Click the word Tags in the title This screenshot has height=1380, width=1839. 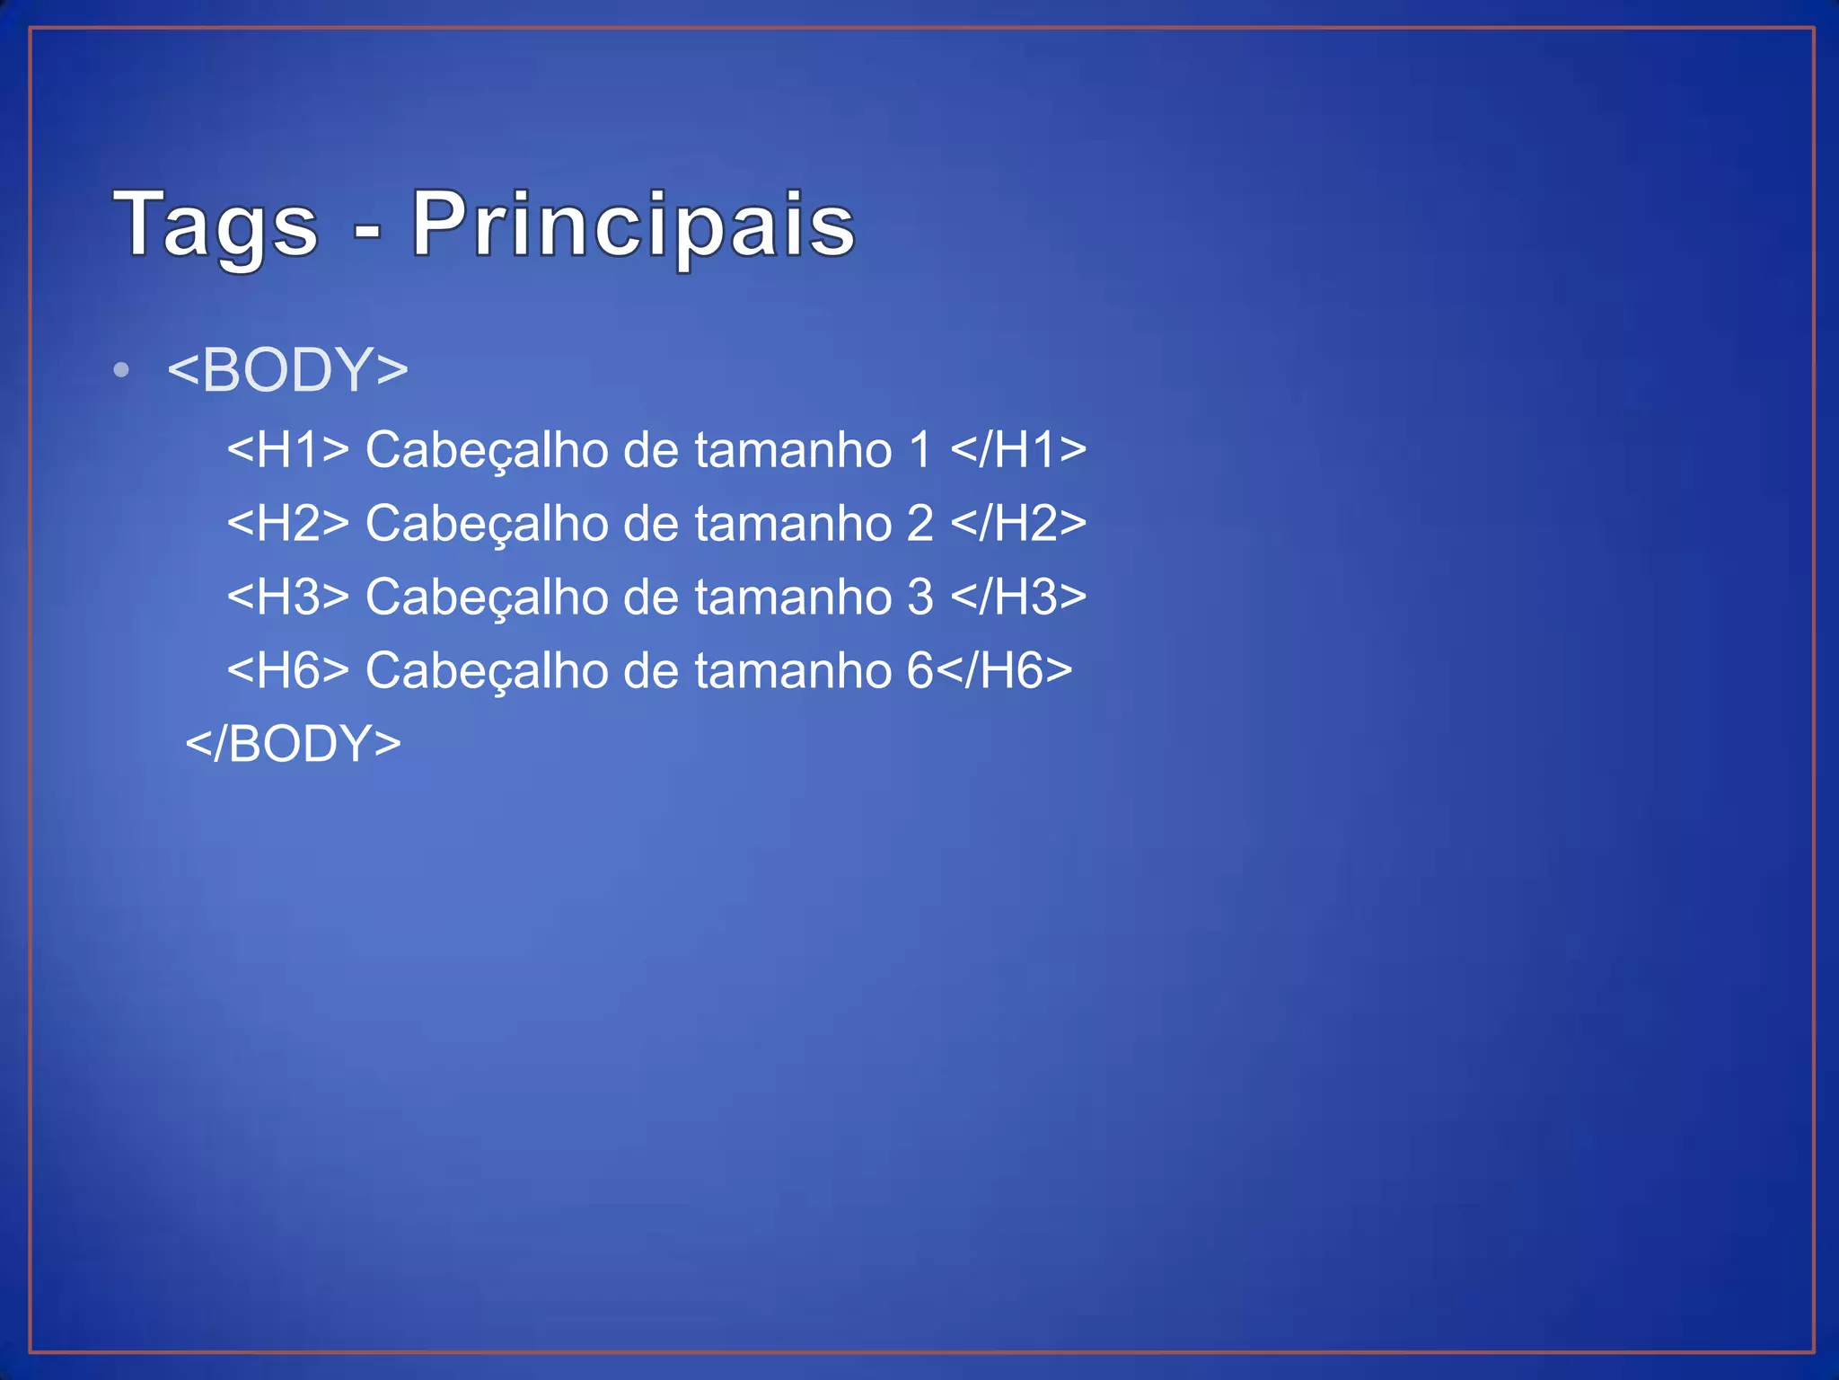tap(216, 225)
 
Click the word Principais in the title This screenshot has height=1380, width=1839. tap(633, 225)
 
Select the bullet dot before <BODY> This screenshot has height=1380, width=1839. tap(122, 370)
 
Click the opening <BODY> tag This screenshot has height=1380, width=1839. tap(287, 370)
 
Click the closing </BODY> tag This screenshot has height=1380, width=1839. tap(293, 744)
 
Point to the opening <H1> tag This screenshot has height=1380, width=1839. tap(287, 449)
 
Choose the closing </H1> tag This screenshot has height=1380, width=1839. tap(1018, 449)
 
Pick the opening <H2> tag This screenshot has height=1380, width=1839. tap(287, 523)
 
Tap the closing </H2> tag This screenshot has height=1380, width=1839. tap(1018, 523)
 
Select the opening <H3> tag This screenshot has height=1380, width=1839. tap(287, 597)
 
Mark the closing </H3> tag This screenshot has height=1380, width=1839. tap(1018, 597)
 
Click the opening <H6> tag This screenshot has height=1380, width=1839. tap(287, 670)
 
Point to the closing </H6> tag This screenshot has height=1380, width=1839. tap(1004, 670)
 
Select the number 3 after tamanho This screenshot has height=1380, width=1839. tap(920, 597)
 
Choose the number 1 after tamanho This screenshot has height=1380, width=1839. tap(920, 449)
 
